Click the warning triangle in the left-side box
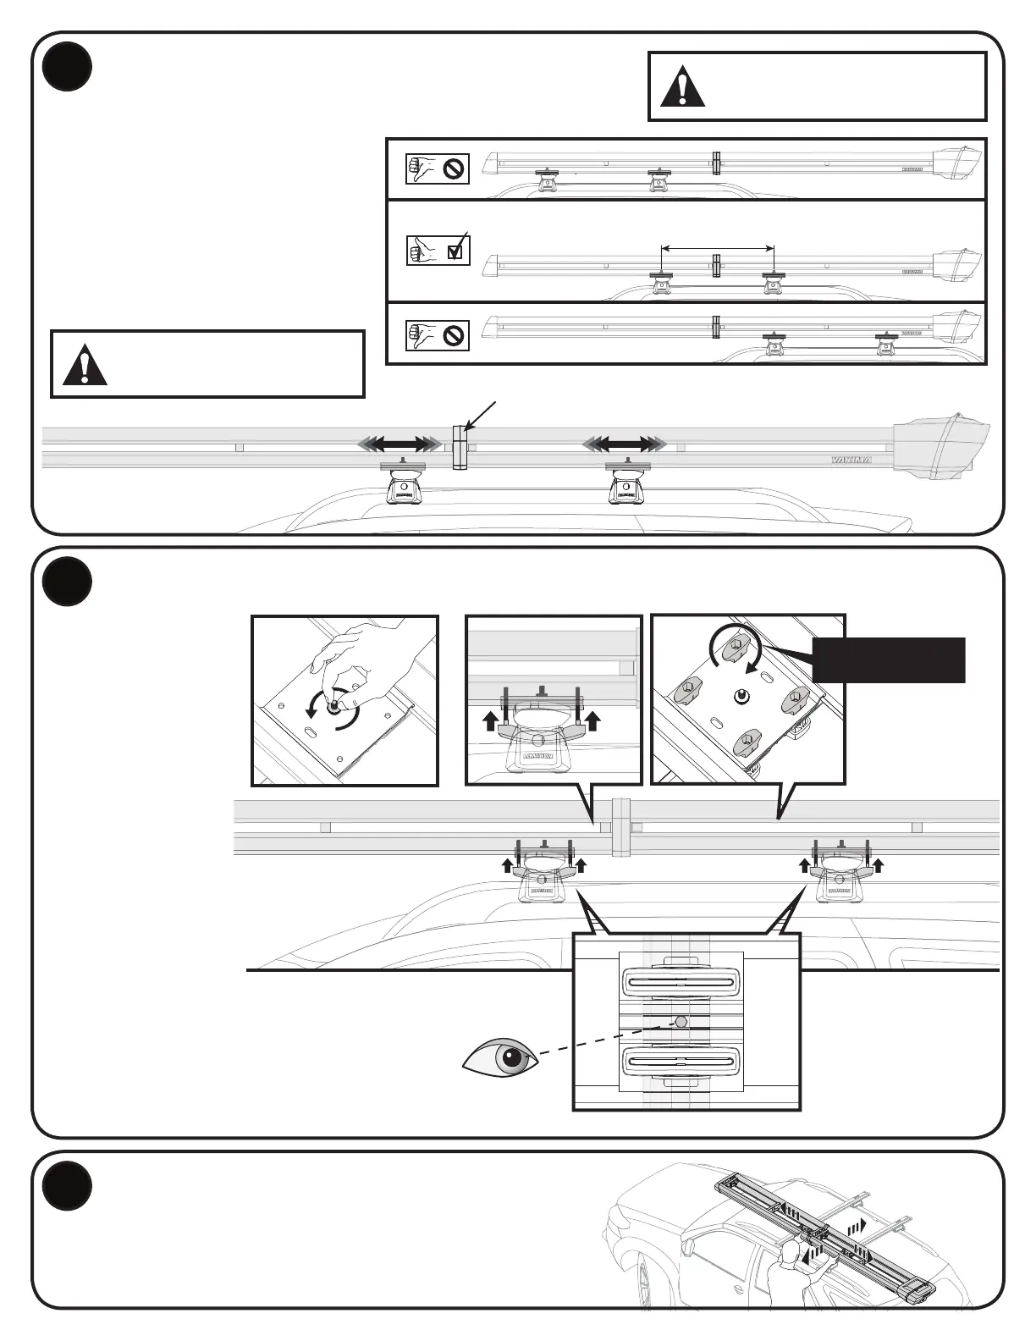click(x=85, y=365)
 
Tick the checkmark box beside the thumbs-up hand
click(x=458, y=250)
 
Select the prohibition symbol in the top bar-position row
click(x=455, y=168)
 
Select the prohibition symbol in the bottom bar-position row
click(x=455, y=335)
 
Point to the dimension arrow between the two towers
click(x=717, y=248)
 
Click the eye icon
click(x=502, y=1059)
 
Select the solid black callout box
click(x=888, y=659)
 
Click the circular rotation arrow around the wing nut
click(x=736, y=651)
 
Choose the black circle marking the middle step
click(x=67, y=581)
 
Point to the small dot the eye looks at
click(x=680, y=1023)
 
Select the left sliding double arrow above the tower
click(x=400, y=444)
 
